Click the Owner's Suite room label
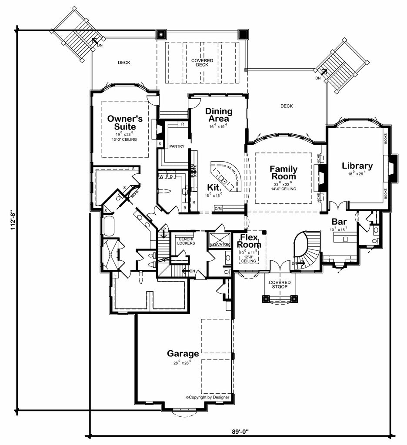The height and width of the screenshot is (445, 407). point(122,122)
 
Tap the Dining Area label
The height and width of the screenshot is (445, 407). point(219,115)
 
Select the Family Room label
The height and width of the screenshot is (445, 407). point(284,173)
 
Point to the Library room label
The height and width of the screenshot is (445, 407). point(357,166)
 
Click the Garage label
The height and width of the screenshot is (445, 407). point(183,353)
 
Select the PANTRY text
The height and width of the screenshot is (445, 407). point(177,146)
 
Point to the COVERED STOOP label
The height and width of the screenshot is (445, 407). point(280,285)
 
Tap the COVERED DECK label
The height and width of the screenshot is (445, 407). point(202,63)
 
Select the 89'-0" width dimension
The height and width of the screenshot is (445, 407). point(243,432)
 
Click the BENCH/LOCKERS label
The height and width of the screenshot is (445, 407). point(186,241)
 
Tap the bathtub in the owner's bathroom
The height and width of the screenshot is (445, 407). point(109,226)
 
